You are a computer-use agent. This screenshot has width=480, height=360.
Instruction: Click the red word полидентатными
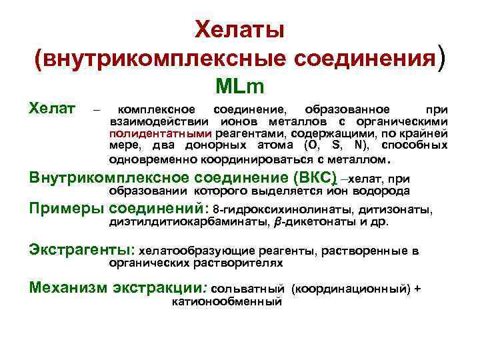[x=147, y=134]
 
